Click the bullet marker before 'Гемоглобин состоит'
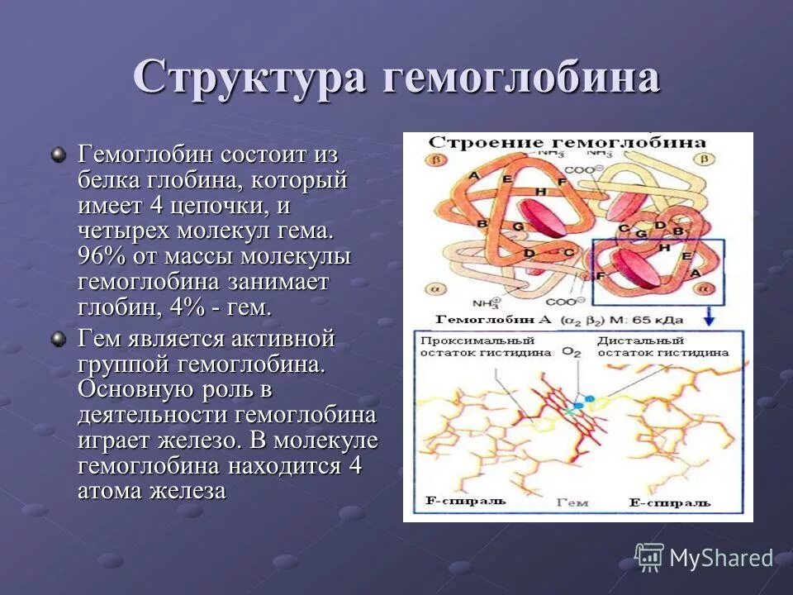[58, 154]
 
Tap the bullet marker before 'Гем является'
[58, 339]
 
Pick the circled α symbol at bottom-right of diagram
[705, 289]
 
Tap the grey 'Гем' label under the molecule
[572, 502]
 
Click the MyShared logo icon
[649, 557]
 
